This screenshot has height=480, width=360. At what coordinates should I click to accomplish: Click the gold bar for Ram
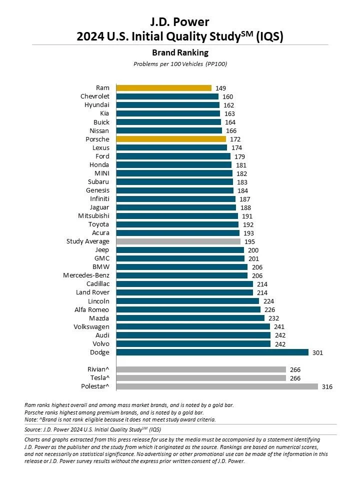coord(163,88)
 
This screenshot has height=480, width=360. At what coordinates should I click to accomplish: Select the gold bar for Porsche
coord(171,139)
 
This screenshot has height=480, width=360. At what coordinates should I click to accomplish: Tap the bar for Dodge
coord(212,352)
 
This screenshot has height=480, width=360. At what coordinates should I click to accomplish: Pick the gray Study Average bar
coord(178,241)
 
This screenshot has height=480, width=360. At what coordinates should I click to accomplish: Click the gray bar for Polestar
coord(217,386)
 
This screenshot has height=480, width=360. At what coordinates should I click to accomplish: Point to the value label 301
coord(317,352)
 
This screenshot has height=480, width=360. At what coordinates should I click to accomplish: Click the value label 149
coord(220,88)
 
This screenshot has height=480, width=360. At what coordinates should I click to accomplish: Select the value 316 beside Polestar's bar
coord(327,386)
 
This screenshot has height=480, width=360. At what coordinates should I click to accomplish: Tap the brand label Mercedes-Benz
coord(86,275)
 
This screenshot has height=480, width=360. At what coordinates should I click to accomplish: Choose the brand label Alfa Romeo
coord(92,309)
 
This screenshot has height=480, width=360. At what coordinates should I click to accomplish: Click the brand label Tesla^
coord(99,378)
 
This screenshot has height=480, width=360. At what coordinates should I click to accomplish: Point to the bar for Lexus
coord(171,147)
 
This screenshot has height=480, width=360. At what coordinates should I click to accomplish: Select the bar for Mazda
coord(190,318)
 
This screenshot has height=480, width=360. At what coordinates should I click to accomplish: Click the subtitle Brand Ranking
coord(179,52)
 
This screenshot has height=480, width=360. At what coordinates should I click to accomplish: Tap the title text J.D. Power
coord(179,21)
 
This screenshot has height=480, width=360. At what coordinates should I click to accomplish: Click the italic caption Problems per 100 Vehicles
coord(179,64)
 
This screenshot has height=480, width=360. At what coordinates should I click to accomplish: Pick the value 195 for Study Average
coord(249,241)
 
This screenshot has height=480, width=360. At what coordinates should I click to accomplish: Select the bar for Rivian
coord(201,369)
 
